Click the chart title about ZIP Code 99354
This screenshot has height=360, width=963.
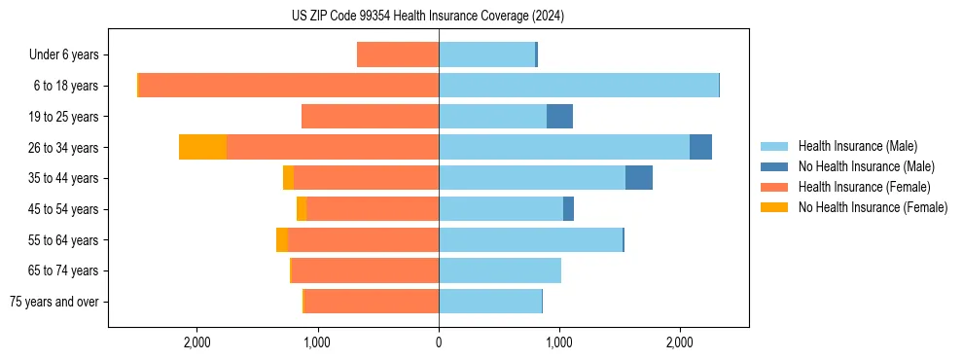427,17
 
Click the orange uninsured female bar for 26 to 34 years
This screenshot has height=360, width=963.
202,147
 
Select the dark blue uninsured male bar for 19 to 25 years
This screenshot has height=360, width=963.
559,117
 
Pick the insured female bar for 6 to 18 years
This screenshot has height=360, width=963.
289,86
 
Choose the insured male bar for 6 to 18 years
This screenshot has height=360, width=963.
579,86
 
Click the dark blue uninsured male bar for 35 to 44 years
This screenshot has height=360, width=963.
638,178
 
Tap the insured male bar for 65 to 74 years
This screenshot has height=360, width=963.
500,270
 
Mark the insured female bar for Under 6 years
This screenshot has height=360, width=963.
398,54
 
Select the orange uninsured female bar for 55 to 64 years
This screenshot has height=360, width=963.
282,239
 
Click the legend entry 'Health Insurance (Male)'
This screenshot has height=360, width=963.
856,146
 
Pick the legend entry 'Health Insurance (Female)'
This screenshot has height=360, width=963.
863,187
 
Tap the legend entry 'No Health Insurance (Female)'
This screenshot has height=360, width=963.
873,207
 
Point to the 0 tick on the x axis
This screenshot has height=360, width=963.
439,342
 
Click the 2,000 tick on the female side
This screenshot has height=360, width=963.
197,342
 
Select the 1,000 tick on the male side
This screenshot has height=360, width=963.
559,342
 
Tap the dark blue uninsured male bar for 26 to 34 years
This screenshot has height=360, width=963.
700,147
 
